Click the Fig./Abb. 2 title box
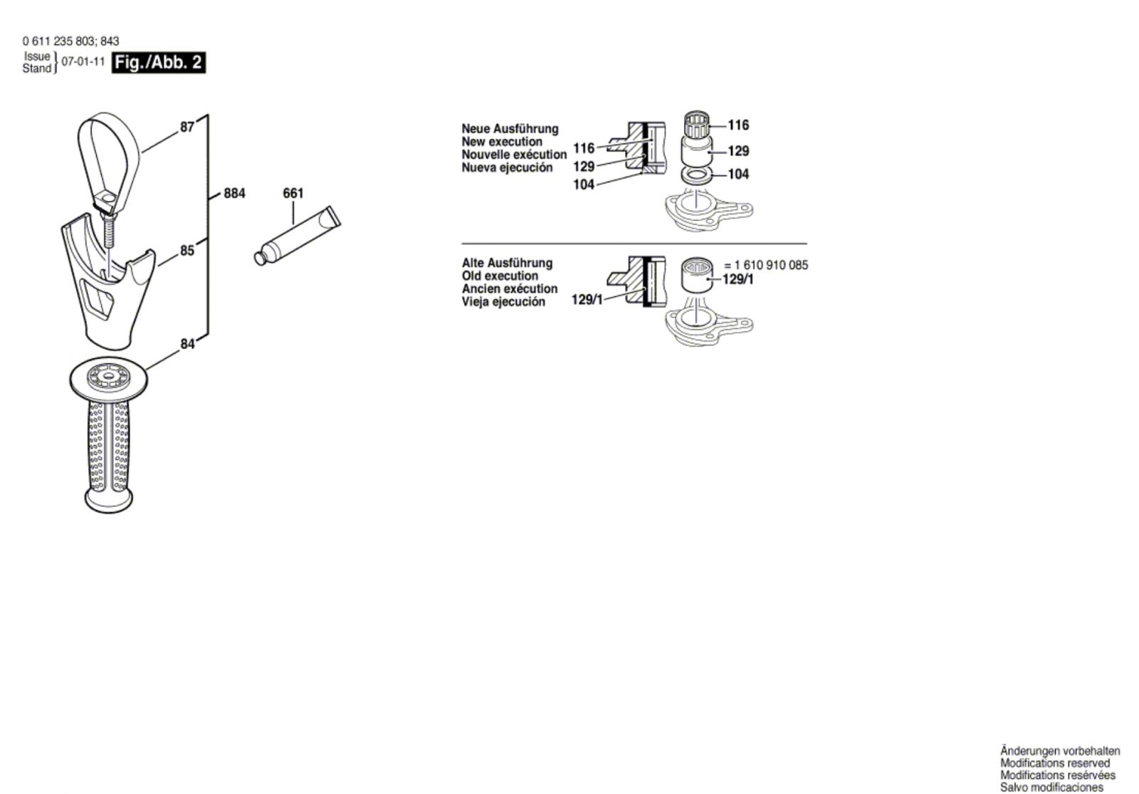(x=159, y=63)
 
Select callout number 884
(x=234, y=193)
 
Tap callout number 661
(x=293, y=193)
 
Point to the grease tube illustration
(x=298, y=234)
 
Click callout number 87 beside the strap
(x=187, y=127)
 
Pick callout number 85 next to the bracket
(x=187, y=251)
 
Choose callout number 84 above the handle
(x=187, y=344)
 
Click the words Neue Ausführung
(x=510, y=129)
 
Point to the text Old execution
(x=500, y=276)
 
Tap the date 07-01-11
(x=83, y=62)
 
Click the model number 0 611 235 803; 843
(x=70, y=41)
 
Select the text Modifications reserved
(x=1054, y=763)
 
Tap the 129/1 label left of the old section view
(x=587, y=300)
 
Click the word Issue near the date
(x=37, y=56)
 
